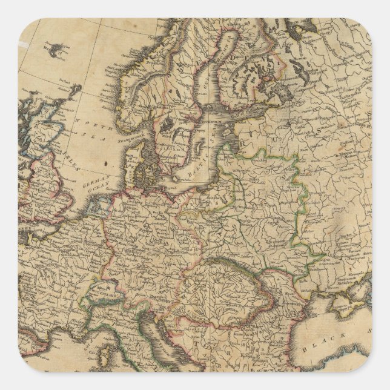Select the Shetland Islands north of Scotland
pos(76,91)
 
